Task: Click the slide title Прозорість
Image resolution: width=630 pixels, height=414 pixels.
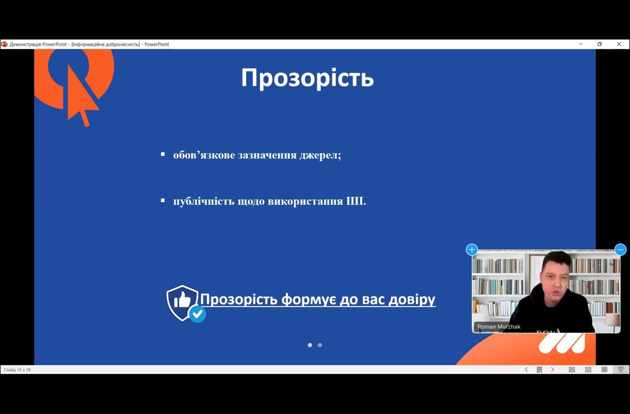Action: point(307,78)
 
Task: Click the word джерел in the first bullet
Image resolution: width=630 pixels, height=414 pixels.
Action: point(320,155)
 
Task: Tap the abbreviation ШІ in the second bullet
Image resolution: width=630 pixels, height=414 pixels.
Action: point(356,201)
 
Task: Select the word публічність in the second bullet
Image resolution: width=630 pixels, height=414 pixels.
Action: point(204,201)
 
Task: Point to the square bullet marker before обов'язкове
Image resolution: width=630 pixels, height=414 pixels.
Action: point(163,154)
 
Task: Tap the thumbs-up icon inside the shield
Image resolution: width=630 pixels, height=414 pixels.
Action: point(182,299)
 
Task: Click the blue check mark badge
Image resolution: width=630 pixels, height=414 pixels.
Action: point(197,314)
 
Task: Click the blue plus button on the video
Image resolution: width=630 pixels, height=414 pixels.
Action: point(472,249)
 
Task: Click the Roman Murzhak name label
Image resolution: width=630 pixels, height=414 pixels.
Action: point(499,327)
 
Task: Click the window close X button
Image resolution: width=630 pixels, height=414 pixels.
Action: point(619,44)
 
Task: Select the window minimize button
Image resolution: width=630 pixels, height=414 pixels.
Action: point(581,44)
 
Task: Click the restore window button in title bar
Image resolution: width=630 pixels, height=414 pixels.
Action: point(600,44)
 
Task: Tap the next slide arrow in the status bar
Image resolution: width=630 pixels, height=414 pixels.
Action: point(552,369)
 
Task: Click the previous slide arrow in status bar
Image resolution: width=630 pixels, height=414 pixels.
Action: point(526,369)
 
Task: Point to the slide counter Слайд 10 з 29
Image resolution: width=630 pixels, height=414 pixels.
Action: point(17,370)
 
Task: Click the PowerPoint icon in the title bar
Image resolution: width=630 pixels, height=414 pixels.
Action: point(4,44)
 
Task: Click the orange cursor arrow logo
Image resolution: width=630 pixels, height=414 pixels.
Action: point(81,95)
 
